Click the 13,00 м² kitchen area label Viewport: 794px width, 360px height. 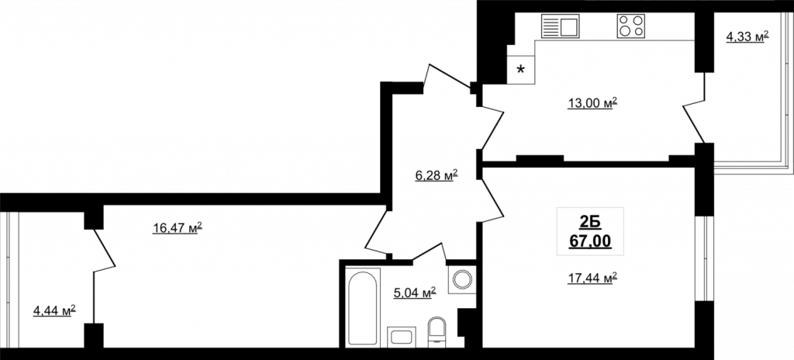(592, 103)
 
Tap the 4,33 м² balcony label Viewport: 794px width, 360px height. (747, 36)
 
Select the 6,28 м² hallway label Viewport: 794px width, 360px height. (437, 175)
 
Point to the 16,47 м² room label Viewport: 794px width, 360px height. (178, 228)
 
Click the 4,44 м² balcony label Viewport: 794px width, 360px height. (54, 310)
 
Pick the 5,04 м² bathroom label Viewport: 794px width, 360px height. (415, 292)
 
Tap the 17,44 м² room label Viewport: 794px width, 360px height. (592, 278)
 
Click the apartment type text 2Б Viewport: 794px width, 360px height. (590, 222)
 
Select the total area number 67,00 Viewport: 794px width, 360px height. (590, 241)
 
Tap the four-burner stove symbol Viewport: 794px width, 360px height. (631, 26)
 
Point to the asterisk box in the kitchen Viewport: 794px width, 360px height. (520, 70)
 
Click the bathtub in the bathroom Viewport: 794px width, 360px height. (363, 308)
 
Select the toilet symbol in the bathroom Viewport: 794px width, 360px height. (437, 332)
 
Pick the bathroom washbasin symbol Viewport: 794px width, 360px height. (402, 337)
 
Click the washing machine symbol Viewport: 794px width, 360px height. (462, 279)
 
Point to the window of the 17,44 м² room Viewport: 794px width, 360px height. (704, 258)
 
